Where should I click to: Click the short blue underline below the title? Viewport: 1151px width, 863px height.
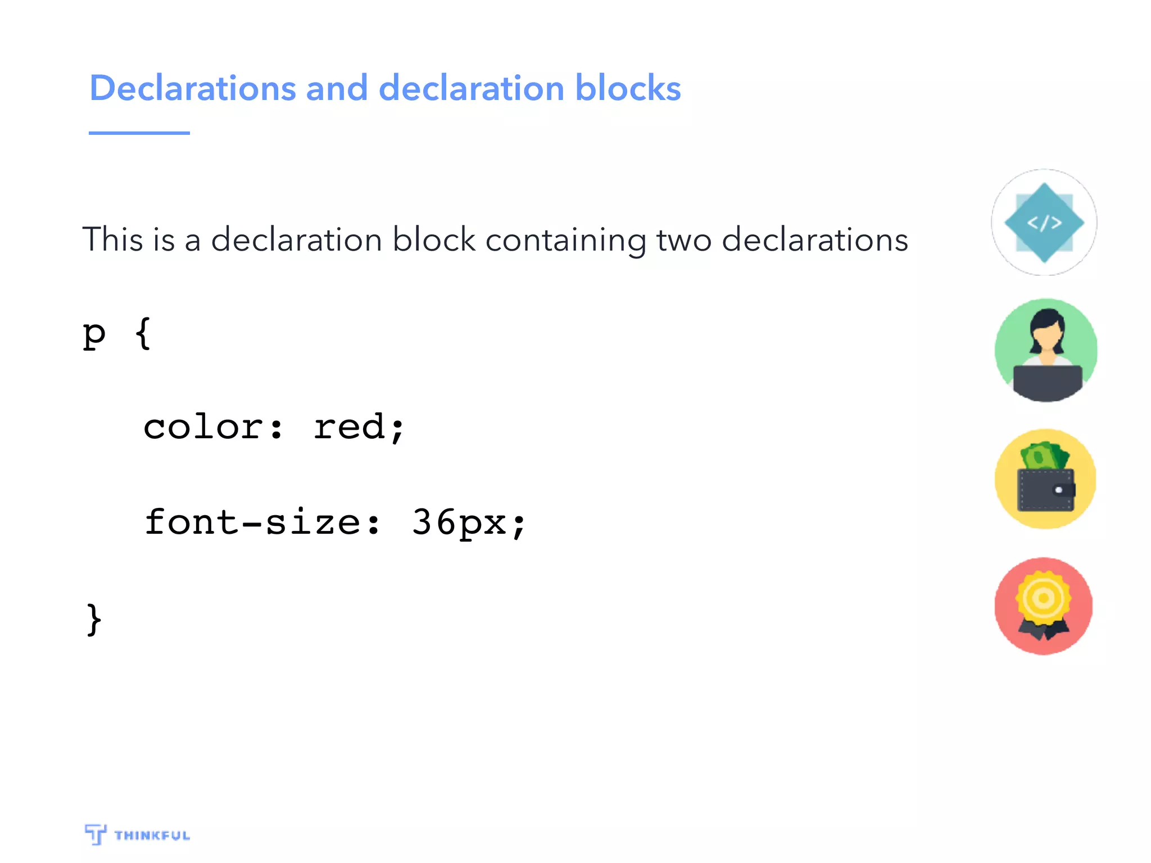click(x=139, y=133)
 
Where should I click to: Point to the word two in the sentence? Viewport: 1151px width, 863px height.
click(x=684, y=240)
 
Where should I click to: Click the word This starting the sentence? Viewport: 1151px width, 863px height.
click(x=112, y=239)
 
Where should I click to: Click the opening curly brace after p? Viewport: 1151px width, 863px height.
click(x=143, y=334)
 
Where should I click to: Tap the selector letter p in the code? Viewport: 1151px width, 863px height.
click(x=94, y=335)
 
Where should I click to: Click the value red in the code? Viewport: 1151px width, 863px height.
click(x=350, y=427)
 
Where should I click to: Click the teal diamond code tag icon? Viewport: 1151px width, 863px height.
click(x=1044, y=222)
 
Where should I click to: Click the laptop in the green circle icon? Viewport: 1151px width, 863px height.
click(x=1047, y=383)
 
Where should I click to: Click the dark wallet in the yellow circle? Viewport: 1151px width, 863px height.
click(x=1045, y=490)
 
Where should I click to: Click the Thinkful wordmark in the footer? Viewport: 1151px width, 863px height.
click(x=152, y=835)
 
